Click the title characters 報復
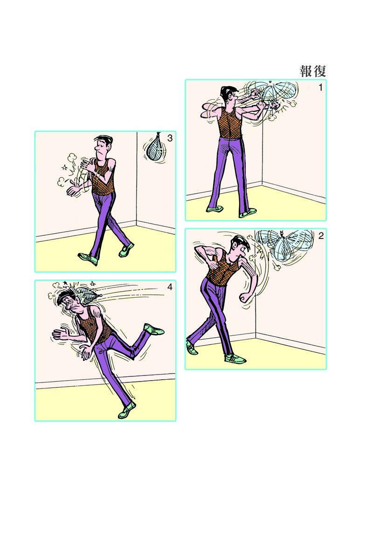313,71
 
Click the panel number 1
320,88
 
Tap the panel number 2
321,236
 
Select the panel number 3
170,138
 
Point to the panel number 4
170,287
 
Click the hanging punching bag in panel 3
154,148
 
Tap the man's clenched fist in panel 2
246,298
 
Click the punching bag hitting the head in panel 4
88,295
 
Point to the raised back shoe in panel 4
153,329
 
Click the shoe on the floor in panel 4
127,410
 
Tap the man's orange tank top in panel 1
230,123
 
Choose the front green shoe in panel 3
88,259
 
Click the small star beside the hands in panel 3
65,167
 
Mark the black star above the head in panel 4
65,283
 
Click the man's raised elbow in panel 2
197,250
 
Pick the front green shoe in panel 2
235,359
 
